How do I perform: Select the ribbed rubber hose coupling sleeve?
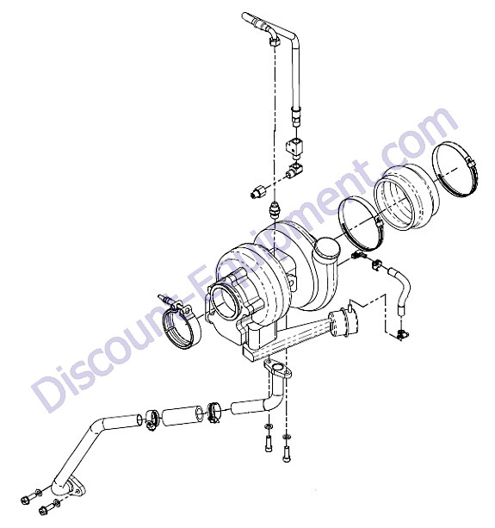point(407,199)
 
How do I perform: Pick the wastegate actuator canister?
point(343,323)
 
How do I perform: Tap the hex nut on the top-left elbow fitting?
point(275,41)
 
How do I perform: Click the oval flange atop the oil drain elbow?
point(277,368)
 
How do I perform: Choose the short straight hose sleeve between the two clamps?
point(183,415)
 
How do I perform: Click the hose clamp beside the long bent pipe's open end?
point(152,420)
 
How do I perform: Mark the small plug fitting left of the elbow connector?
point(257,193)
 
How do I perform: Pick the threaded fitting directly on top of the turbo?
point(275,210)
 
